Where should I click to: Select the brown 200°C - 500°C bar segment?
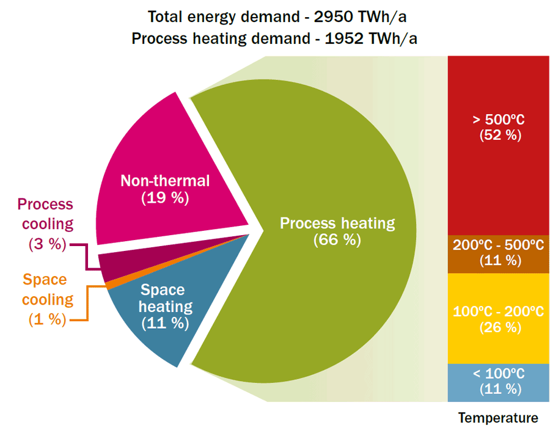pos(499,253)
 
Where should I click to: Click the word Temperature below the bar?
pos(498,418)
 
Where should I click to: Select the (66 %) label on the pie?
pos(337,239)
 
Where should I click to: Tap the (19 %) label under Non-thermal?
pos(165,198)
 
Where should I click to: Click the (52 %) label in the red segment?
pos(500,135)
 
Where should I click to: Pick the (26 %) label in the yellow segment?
pos(500,327)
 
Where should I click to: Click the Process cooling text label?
pos(45,214)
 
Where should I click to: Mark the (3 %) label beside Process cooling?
pos(46,244)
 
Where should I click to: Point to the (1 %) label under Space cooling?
pos(46,319)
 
